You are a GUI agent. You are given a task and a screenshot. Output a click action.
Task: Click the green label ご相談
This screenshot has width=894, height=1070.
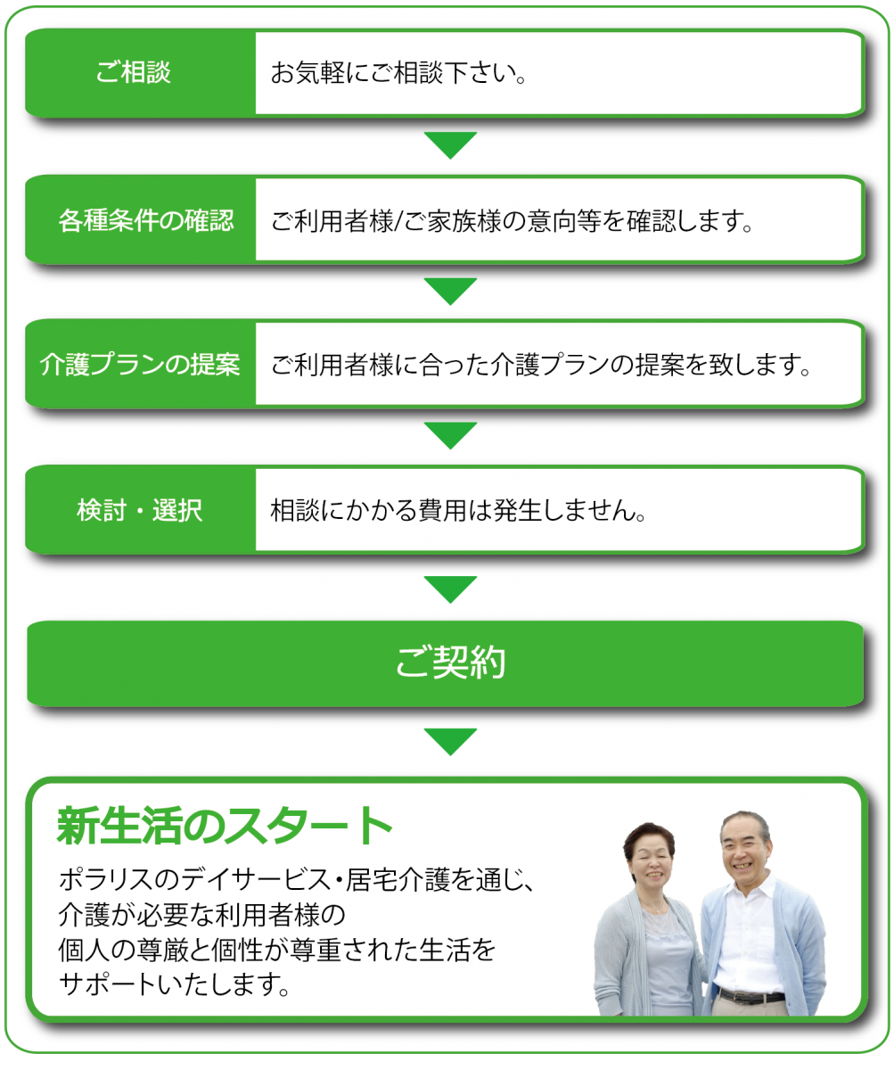133,71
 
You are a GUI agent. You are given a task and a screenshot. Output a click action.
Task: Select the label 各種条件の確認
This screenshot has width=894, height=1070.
146,220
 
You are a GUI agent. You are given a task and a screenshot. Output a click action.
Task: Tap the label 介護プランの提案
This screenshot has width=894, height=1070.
140,365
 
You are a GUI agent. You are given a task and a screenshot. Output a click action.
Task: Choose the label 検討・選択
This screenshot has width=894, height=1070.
140,510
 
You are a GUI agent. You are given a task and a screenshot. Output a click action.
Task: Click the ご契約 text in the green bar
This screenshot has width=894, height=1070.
451,662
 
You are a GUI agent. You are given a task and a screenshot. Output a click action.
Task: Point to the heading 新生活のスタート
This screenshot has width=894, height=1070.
225,826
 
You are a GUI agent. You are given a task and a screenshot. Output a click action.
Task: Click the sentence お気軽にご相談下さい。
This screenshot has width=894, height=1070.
398,72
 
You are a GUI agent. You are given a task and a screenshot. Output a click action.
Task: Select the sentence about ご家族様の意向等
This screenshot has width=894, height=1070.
512,221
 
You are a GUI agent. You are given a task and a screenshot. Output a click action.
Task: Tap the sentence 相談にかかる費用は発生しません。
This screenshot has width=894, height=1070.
458,510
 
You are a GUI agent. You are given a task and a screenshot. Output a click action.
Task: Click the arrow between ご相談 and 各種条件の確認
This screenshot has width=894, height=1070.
450,144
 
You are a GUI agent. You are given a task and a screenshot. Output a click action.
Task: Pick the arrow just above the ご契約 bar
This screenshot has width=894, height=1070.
450,588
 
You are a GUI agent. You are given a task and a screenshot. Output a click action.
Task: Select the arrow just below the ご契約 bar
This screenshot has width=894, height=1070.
450,741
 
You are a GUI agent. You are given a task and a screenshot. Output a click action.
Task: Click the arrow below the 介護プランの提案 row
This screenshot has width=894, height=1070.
450,435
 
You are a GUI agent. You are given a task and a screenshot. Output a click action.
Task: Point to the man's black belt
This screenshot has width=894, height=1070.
751,996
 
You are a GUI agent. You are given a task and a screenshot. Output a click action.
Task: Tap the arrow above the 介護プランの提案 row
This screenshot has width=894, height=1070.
450,291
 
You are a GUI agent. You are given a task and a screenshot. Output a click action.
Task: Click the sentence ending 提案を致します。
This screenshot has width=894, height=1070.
540,365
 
